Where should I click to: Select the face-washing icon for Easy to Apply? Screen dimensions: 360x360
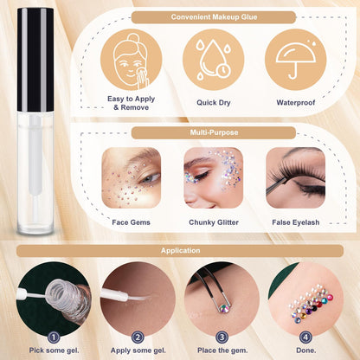pos(131,58)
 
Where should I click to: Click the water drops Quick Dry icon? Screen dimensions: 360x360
pos(213,58)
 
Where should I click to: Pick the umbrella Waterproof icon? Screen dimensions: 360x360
pos(295,58)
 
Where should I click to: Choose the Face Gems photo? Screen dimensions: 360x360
pos(131,177)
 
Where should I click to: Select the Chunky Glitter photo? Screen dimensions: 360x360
pos(213,177)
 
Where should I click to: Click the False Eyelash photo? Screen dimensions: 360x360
pos(295,177)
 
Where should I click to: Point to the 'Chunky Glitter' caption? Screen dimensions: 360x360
pos(213,222)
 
